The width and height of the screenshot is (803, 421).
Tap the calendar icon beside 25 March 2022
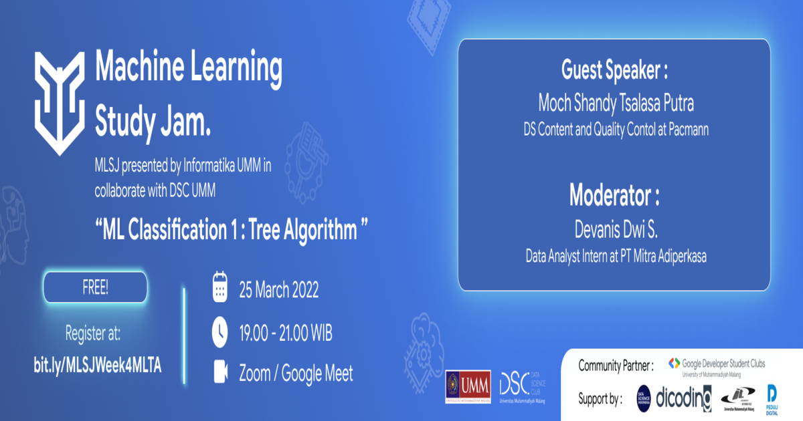220,289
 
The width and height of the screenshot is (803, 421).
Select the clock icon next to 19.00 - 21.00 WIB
220,331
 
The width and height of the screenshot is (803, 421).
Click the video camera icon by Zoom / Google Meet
220,374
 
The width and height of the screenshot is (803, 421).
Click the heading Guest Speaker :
614,72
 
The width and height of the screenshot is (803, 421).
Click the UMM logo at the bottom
468,387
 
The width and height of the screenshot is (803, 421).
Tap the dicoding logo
683,398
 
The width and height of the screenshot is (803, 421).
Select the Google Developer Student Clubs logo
717,366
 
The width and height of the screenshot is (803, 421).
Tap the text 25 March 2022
278,290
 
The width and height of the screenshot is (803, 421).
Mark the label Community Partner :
616,366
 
